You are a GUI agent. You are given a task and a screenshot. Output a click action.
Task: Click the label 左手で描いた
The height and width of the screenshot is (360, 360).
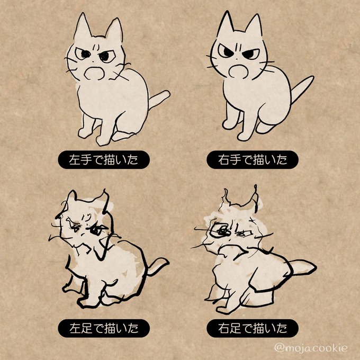pos(104,160)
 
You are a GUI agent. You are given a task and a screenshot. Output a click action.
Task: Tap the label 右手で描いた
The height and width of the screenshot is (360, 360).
pos(253,160)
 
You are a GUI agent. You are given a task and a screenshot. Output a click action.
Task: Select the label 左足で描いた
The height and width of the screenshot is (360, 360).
pos(104,328)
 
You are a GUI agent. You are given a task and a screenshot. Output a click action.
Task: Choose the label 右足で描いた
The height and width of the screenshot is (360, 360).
pos(253,328)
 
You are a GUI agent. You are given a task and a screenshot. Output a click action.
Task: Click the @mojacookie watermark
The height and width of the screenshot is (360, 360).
pos(311,348)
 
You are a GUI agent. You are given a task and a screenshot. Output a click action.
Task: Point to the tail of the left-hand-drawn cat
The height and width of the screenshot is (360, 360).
pos(159,99)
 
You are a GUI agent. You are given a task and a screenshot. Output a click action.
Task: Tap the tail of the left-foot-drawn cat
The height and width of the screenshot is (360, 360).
pos(158,266)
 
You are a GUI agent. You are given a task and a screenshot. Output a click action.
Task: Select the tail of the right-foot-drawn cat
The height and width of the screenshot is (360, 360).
pos(303,267)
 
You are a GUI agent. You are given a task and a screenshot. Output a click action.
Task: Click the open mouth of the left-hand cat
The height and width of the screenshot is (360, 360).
pos(95,74)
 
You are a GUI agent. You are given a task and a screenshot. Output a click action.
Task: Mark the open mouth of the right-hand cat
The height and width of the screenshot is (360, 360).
pos(239,71)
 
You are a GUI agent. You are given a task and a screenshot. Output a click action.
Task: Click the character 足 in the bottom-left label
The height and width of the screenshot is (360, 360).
pos(86,328)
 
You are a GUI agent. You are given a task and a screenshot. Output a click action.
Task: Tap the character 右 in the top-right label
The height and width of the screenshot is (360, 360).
pos(224,160)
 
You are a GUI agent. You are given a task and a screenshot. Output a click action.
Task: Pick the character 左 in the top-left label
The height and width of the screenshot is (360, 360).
pos(75,160)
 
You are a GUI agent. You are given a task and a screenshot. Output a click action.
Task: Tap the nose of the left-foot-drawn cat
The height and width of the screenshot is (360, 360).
pos(83,234)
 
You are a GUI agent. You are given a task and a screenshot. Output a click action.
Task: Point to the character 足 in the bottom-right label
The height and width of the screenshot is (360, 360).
pos(236,328)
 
